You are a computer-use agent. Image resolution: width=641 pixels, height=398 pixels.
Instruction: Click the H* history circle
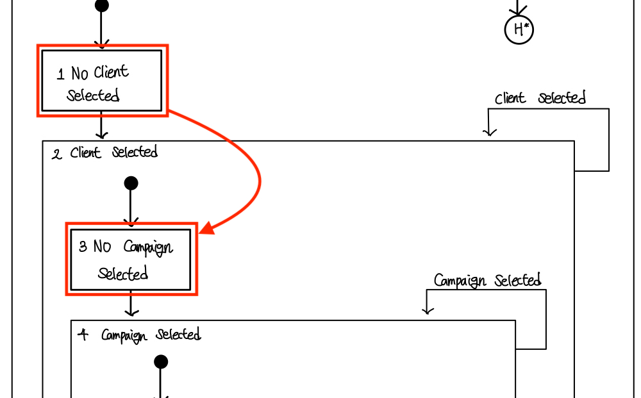click(519, 29)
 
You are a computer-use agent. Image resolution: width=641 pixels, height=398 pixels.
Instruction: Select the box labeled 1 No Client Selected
click(102, 81)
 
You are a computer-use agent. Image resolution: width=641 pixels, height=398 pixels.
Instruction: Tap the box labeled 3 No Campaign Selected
click(131, 260)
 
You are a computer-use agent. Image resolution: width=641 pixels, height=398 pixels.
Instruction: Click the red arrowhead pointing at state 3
click(206, 229)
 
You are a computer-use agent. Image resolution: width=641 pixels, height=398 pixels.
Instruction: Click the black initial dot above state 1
click(101, 6)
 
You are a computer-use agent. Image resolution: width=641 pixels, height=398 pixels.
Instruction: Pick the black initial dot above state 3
click(131, 184)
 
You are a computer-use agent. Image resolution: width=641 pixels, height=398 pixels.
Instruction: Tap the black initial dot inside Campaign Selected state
click(161, 362)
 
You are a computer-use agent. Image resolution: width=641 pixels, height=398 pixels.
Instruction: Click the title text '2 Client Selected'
click(105, 153)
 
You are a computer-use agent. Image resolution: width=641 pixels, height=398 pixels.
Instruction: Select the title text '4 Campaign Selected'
click(139, 335)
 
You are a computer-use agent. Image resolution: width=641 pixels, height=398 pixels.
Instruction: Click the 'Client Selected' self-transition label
click(540, 99)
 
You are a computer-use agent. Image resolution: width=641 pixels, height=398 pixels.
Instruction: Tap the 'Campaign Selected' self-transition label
click(487, 281)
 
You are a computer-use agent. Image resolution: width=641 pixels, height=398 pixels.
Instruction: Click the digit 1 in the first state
click(61, 74)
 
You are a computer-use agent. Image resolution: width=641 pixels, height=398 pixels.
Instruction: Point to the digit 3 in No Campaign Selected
click(83, 247)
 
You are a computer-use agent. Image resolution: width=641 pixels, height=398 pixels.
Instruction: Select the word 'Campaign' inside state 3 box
click(148, 248)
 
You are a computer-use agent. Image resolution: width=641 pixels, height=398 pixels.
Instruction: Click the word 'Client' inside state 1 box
click(111, 72)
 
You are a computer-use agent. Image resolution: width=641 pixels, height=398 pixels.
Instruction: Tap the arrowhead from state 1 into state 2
click(101, 135)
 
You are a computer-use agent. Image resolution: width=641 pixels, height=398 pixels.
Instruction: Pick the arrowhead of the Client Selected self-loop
click(490, 132)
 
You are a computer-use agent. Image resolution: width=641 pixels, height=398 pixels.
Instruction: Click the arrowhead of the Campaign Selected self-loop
click(428, 310)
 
